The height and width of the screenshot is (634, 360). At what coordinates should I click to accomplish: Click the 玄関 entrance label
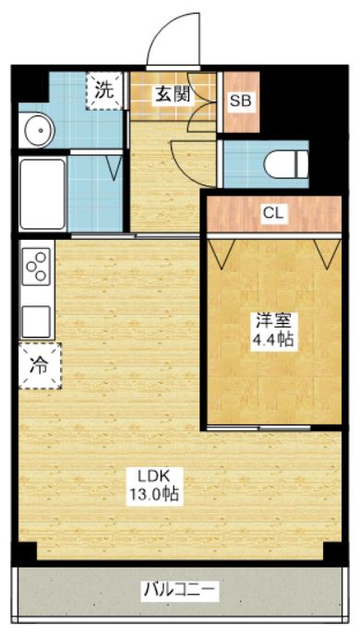pyautogui.click(x=167, y=93)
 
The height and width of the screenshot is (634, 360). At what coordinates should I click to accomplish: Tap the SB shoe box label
pyautogui.click(x=240, y=101)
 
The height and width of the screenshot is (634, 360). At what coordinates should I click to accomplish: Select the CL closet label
pyautogui.click(x=274, y=213)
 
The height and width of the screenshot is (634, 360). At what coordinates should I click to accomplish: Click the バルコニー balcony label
pyautogui.click(x=179, y=588)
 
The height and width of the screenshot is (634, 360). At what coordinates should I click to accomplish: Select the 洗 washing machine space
pyautogui.click(x=105, y=90)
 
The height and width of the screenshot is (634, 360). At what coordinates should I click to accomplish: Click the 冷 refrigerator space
pyautogui.click(x=39, y=365)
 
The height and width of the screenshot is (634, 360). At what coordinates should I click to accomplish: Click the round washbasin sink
pyautogui.click(x=37, y=130)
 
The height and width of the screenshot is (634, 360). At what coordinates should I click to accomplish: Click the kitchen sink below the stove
pyautogui.click(x=37, y=320)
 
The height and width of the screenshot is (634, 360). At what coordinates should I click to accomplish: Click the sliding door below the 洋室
pyautogui.click(x=259, y=428)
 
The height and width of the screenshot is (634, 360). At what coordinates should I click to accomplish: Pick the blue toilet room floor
pyautogui.click(x=242, y=164)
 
